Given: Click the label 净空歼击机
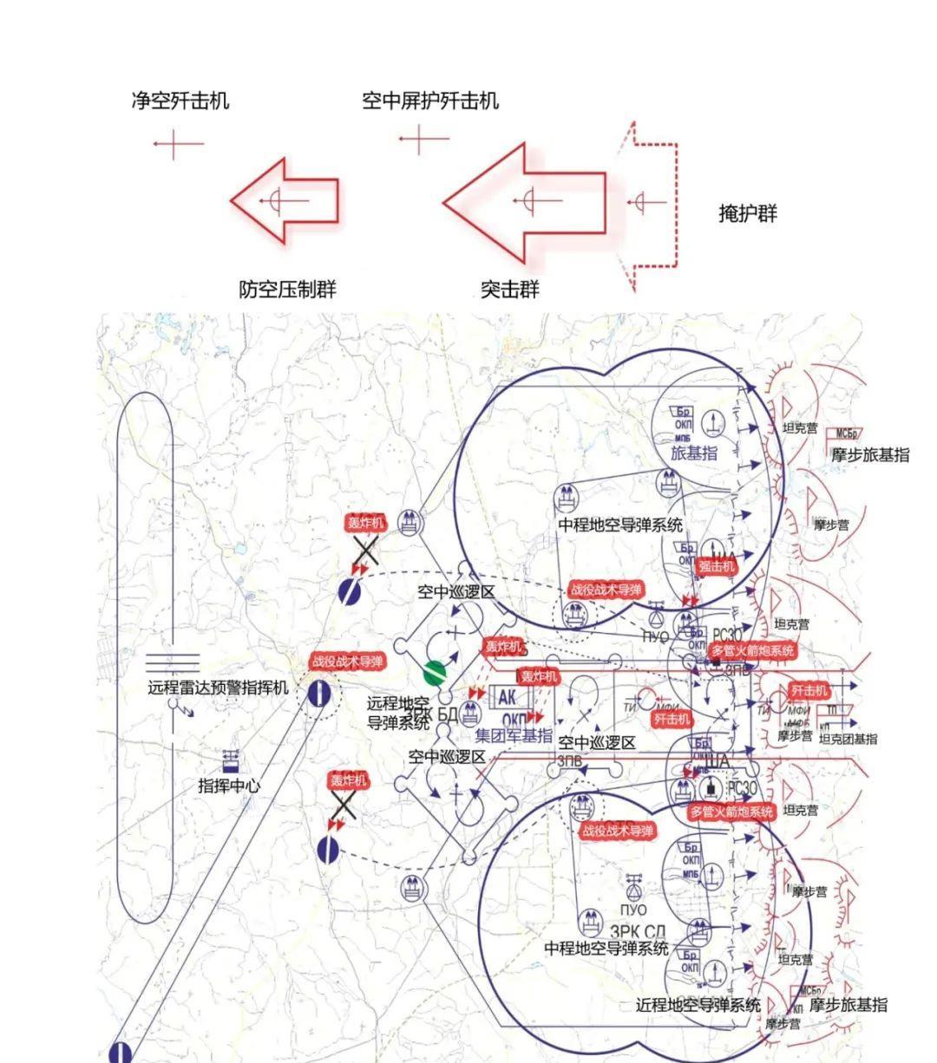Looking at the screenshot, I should coord(180,101).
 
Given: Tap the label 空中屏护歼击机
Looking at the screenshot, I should coord(430,101).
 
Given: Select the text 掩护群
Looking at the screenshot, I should coord(748,213).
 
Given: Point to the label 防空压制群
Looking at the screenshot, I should coord(287,290).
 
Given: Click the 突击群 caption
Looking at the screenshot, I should coord(510,290).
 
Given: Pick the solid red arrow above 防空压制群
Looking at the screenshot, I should coord(285,201).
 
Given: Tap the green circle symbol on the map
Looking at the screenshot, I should coord(435,673).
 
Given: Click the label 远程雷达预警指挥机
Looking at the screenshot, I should coord(218,688).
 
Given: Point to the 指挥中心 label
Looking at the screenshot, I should coord(229,786).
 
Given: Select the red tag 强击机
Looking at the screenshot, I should coord(717,566).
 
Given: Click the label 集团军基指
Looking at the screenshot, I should coord(514,735).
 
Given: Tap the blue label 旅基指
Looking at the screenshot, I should coord(694,452).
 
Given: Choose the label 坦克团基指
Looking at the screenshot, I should coord(848,739).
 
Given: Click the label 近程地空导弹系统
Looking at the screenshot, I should coord(698,1005).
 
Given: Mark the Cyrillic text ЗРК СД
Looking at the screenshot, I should coord(638,932).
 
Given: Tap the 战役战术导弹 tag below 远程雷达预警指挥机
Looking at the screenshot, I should coord(346,662).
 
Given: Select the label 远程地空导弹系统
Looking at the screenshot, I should coord(398,711).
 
